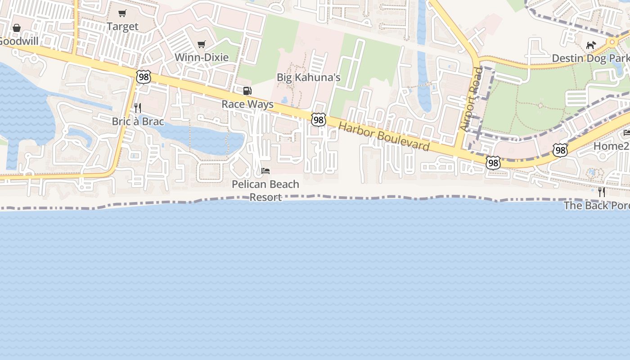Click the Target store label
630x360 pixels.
click(x=122, y=27)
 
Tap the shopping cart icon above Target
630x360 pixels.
click(x=122, y=13)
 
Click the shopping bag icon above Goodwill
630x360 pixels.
click(x=17, y=28)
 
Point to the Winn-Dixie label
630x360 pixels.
click(x=202, y=57)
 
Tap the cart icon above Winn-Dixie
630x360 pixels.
click(x=202, y=44)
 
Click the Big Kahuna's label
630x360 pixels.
click(x=308, y=77)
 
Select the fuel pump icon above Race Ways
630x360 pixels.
click(x=247, y=91)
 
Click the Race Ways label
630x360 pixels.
click(x=247, y=104)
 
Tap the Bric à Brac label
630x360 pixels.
click(x=138, y=121)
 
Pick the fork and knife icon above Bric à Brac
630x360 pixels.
click(x=138, y=108)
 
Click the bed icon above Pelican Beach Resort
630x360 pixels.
click(x=265, y=171)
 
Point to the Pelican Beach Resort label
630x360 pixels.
click(x=265, y=190)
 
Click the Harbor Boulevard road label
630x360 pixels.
click(x=384, y=136)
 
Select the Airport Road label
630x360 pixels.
click(x=471, y=99)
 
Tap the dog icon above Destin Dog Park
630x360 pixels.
click(x=591, y=45)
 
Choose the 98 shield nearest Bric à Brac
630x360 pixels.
click(x=143, y=77)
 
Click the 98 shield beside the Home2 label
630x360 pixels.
click(x=560, y=150)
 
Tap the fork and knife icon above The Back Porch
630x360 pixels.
click(x=602, y=192)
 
